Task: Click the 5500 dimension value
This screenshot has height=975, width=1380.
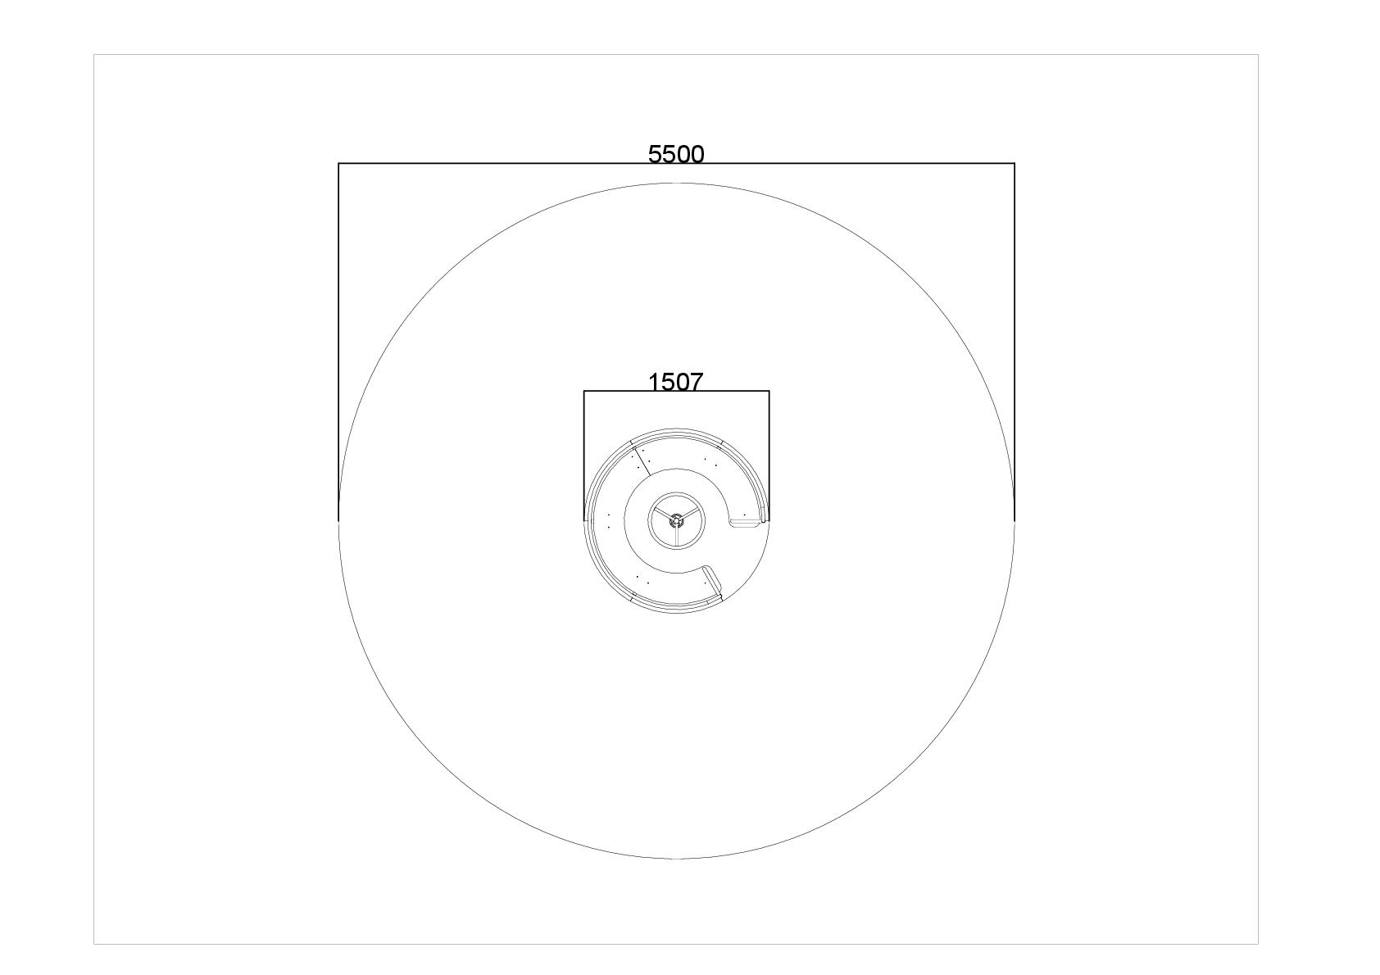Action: pos(676,154)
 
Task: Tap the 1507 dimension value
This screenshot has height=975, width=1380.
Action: pos(675,382)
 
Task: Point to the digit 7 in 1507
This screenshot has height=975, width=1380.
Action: pos(696,382)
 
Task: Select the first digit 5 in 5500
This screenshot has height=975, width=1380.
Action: pos(655,154)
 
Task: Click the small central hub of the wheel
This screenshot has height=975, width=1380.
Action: pos(676,520)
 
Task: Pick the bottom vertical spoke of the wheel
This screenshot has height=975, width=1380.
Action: pos(676,536)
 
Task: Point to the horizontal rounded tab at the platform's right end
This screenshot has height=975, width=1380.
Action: pos(746,524)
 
